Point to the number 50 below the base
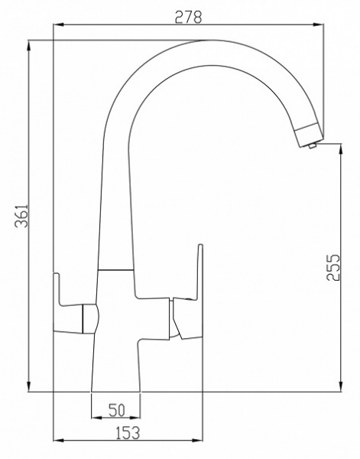(x=116, y=409)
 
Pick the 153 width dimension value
(x=127, y=432)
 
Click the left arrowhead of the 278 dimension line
(x=58, y=27)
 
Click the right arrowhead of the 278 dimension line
(x=317, y=27)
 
